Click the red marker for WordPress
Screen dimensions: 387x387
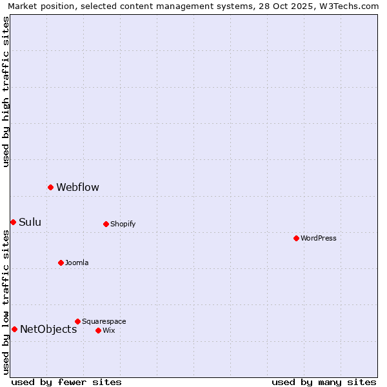296,238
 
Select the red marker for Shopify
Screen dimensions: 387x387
106,224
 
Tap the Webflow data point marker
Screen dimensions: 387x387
50,187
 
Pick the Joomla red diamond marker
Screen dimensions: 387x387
61,263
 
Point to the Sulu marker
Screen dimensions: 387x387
13,222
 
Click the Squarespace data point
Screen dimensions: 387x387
77,321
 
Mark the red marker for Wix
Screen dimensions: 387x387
98,330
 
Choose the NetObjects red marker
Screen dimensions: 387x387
14,329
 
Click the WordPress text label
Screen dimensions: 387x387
319,238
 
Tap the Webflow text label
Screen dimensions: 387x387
77,187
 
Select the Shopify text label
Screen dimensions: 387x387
123,224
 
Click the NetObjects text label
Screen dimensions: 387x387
48,329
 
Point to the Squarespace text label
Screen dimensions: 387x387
104,321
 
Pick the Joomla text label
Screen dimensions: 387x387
77,263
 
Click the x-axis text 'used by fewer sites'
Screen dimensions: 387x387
66,382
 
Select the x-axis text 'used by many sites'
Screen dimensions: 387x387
324,382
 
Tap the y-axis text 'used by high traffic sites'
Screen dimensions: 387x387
6,92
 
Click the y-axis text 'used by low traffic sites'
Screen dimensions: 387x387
6,302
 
